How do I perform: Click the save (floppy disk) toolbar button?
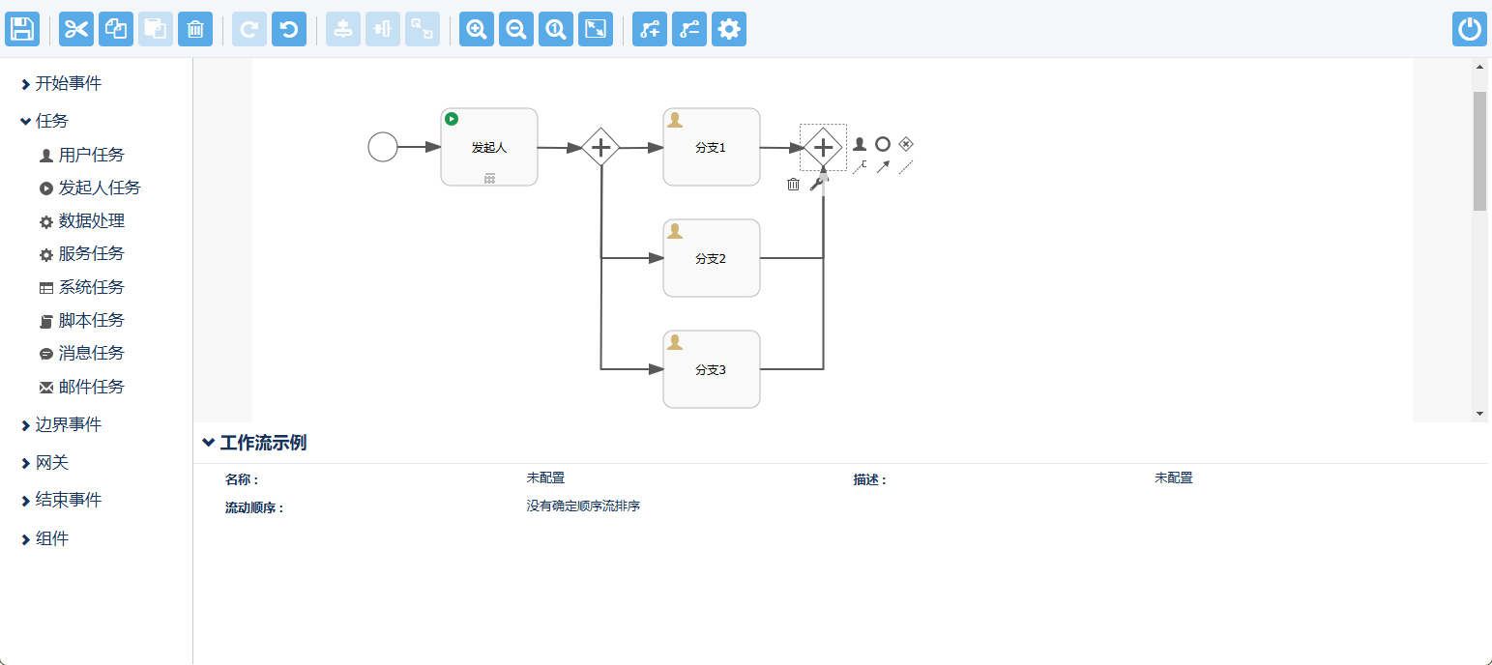coord(21,29)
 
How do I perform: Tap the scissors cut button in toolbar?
coord(76,29)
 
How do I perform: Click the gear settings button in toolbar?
coord(729,29)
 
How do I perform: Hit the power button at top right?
coord(1469,29)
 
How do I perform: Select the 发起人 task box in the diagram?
coord(489,147)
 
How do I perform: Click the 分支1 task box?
coord(711,147)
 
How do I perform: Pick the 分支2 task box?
coord(711,258)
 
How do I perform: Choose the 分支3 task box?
coord(711,369)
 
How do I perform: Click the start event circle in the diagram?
coord(383,147)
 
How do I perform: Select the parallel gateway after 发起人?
coord(600,147)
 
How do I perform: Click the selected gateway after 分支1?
coord(823,147)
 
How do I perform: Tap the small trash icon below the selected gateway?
coord(793,184)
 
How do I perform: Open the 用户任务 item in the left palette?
coord(91,155)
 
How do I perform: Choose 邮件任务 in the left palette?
coord(91,387)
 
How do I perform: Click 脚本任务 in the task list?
coord(91,320)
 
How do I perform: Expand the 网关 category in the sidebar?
coord(52,463)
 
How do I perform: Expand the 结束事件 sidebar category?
coord(68,500)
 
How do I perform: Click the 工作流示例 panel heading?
coord(263,443)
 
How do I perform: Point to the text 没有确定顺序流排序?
coord(583,506)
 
